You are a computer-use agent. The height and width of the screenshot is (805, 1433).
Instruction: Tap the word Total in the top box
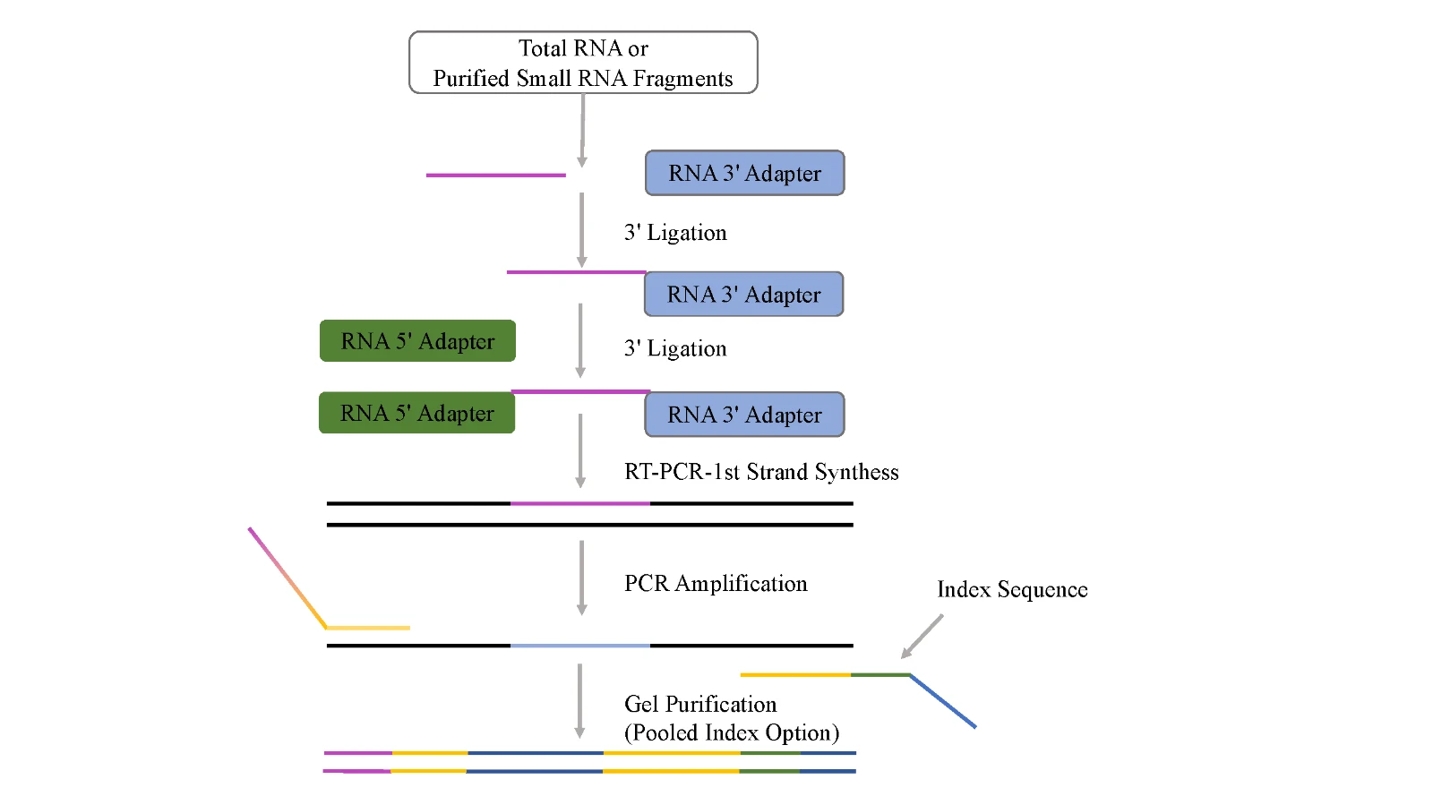click(543, 48)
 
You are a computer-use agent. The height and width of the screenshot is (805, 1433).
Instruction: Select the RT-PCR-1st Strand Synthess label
click(761, 472)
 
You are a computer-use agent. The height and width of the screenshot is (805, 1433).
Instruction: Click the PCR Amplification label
click(716, 584)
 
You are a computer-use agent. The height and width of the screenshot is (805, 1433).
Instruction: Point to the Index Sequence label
click(1012, 589)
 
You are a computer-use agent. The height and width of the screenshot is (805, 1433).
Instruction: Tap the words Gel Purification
click(700, 704)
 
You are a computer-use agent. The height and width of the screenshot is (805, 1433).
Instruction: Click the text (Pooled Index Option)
click(732, 732)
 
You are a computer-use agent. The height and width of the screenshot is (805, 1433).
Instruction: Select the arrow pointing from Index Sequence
click(922, 636)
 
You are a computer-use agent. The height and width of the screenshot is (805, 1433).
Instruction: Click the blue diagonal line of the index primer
click(943, 701)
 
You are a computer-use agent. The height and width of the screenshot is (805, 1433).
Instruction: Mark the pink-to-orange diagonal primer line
click(287, 578)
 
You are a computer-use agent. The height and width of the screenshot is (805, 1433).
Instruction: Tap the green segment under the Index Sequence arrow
click(880, 674)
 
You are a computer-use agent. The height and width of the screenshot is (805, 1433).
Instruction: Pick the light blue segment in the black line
click(580, 646)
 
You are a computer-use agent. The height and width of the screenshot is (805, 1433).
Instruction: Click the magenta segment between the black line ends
click(580, 504)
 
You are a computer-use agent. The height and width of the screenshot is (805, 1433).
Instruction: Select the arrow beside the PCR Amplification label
click(581, 578)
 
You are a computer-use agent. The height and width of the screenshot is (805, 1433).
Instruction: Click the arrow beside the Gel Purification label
click(579, 701)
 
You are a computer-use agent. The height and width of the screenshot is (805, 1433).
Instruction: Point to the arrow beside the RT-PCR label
click(580, 450)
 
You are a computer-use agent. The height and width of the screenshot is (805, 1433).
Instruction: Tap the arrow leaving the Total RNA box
click(582, 131)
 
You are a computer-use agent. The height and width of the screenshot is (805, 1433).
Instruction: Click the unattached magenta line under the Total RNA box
click(496, 176)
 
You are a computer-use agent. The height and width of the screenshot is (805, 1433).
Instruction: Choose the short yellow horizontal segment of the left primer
click(368, 628)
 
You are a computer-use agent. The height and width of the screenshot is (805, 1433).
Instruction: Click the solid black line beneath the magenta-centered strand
click(590, 525)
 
